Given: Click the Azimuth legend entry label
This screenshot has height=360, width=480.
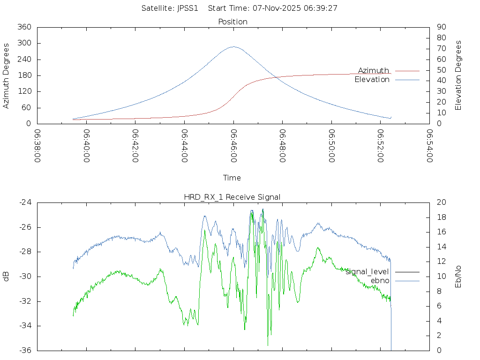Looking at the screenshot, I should [374, 70].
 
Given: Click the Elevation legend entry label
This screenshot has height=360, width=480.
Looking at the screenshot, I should [372, 80].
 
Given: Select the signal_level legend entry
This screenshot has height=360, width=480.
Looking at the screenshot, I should [367, 272].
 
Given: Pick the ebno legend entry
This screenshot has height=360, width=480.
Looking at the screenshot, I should [380, 281].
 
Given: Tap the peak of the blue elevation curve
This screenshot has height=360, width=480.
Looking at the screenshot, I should [233, 47].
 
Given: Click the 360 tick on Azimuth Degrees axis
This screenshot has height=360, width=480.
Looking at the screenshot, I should [24, 27].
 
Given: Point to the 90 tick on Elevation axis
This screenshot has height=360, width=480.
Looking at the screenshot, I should [441, 27].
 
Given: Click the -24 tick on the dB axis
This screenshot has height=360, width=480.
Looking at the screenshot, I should [24, 202].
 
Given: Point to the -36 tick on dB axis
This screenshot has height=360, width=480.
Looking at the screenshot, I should [24, 350].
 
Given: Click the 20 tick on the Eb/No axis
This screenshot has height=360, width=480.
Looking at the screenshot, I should [441, 202].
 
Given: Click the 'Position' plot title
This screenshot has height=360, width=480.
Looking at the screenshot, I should [233, 22].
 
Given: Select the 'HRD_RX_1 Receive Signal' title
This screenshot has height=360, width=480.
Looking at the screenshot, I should [232, 197].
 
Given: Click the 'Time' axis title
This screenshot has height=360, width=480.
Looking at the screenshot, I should [232, 178].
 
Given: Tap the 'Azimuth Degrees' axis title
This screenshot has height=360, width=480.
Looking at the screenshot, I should [7, 75].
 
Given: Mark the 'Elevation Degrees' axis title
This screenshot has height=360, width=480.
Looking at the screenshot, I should [458, 75].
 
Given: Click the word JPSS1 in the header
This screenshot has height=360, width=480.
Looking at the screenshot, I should [187, 8].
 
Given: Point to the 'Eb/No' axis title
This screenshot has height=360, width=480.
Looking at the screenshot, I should [458, 277].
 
